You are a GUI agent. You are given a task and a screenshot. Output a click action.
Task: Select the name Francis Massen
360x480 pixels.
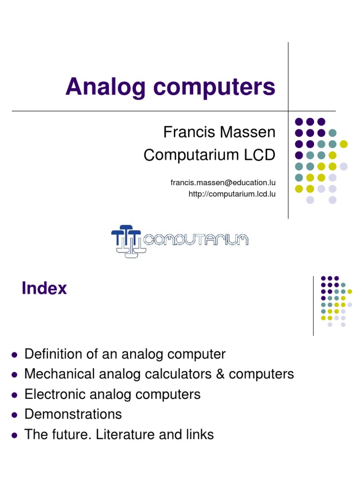219,132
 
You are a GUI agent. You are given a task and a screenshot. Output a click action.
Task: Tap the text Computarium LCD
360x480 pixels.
209,155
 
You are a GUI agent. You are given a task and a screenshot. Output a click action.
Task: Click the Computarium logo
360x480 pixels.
180,240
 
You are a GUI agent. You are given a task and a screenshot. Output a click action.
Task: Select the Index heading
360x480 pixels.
44,288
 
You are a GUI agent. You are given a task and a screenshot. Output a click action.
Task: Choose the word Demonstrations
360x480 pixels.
73,414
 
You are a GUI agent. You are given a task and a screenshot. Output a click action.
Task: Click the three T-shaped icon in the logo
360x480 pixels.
126,240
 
